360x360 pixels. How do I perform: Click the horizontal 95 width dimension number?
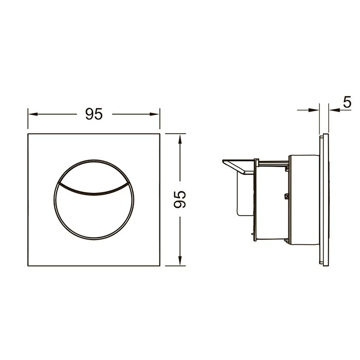[x=94, y=114]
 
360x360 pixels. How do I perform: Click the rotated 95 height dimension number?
[x=180, y=200]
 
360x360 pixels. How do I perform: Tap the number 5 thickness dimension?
[x=347, y=102]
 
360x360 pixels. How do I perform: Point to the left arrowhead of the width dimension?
[x=32, y=114]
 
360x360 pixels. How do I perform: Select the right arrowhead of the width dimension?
[x=154, y=114]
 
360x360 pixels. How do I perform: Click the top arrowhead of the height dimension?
[x=180, y=139]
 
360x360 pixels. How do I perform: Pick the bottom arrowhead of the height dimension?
[x=180, y=261]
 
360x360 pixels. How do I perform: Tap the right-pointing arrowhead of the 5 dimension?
[x=314, y=110]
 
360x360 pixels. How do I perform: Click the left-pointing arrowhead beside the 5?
[x=334, y=110]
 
